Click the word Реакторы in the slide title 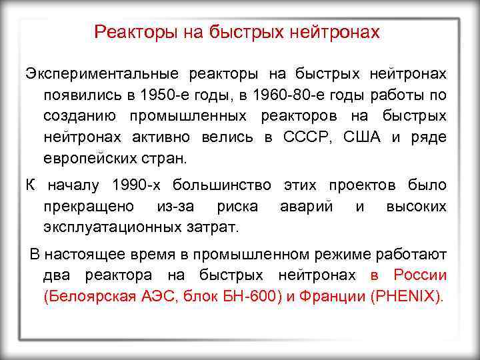(x=131, y=31)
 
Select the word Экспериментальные (x=101, y=73)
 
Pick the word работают (x=410, y=254)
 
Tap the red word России (x=420, y=275)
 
